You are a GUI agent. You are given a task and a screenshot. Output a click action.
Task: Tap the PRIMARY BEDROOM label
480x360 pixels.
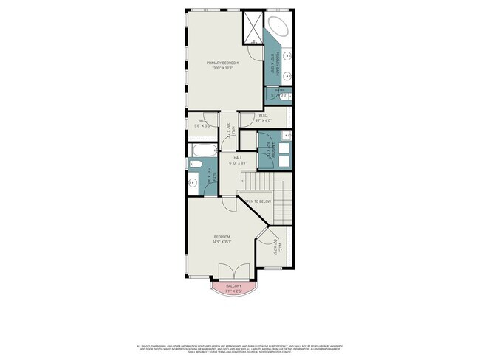point(222,63)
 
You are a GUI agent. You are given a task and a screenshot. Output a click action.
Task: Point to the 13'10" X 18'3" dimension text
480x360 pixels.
point(222,69)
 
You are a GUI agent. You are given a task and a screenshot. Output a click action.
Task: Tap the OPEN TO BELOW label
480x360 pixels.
point(258,201)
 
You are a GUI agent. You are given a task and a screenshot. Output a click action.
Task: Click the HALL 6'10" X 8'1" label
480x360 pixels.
point(239,160)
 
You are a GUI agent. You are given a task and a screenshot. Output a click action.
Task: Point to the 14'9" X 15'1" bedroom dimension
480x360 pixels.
point(222,240)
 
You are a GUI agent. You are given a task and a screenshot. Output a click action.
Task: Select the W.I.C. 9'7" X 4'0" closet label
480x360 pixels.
point(264,118)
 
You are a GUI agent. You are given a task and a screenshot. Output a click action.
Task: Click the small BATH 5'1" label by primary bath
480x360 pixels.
point(279,92)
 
